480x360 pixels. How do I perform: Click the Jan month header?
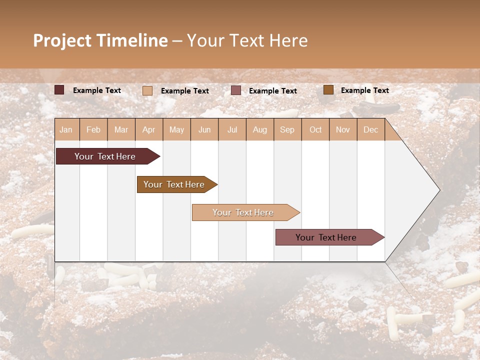pos(66,129)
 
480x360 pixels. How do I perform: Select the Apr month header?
pos(148,129)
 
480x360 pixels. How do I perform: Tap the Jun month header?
pos(204,129)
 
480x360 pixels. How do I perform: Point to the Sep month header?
pos(287,129)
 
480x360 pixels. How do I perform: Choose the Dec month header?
pos(370,129)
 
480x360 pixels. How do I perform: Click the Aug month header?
pos(259,129)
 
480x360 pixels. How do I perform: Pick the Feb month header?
pos(93,129)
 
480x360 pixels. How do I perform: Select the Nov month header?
pos(342,129)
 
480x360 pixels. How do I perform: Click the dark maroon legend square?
pos(59,90)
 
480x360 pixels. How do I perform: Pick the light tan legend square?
pos(147,90)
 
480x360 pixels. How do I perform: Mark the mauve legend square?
pos(236,90)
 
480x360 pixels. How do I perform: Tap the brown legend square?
pos(328,90)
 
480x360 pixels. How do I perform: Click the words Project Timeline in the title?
pos(100,40)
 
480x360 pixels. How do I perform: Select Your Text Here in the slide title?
pos(247,40)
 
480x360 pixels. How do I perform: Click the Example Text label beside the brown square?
pos(364,90)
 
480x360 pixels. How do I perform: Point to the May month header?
pos(176,129)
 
